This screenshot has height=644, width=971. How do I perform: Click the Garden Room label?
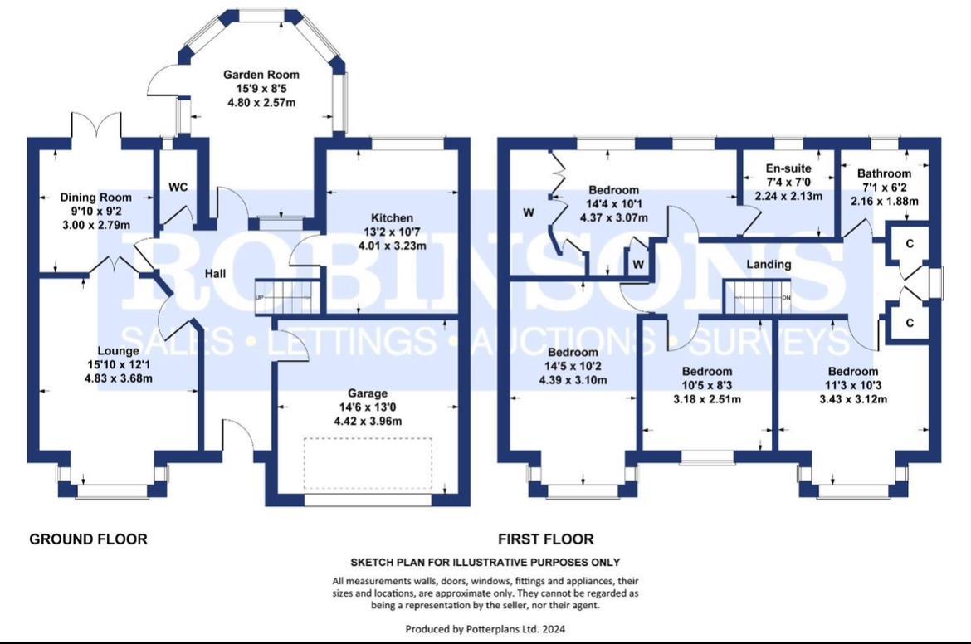[x=261, y=75]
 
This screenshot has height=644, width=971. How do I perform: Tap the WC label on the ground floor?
[x=178, y=187]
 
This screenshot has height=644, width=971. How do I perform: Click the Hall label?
[x=217, y=274]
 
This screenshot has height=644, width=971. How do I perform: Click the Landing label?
[x=769, y=265]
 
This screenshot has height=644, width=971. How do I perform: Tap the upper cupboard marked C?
[x=910, y=243]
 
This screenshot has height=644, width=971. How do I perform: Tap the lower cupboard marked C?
[x=910, y=322]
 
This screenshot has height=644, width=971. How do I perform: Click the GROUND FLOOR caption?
[x=88, y=539]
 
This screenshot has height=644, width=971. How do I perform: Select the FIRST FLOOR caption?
[x=545, y=539]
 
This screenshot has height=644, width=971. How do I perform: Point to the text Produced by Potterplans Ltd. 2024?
[x=486, y=629]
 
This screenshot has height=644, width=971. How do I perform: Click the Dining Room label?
[x=96, y=198]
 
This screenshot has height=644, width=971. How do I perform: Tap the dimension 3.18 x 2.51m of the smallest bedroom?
[x=707, y=399]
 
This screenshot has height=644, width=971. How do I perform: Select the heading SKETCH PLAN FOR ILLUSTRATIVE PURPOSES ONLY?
[x=486, y=563]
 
